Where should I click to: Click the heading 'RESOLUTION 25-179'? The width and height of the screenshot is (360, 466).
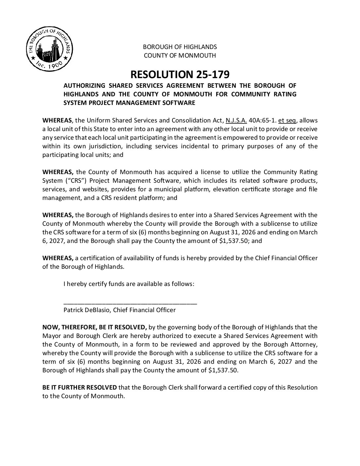tap(180, 73)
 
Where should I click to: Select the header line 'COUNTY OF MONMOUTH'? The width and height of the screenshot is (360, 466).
tap(180, 55)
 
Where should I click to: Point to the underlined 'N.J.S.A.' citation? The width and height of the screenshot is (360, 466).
tap(236, 120)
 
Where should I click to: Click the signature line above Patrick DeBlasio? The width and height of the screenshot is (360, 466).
tap(130, 303)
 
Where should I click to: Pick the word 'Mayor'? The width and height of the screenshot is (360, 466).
tap(51, 336)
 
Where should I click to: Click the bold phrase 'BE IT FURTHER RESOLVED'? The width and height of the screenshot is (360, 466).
tap(79, 388)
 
